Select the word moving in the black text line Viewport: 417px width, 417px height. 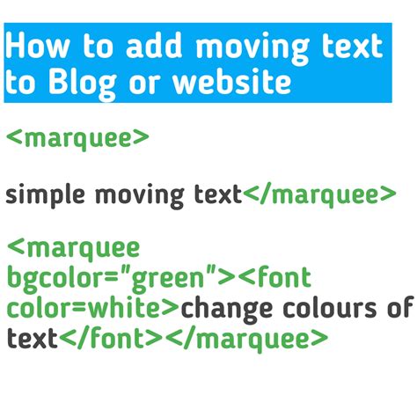point(140,194)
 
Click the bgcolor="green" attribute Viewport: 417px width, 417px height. point(114,281)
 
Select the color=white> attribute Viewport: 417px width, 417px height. point(91,309)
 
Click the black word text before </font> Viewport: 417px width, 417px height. point(32,337)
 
